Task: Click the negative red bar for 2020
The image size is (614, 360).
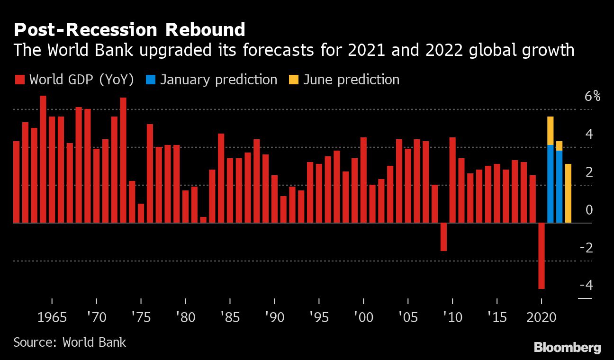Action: (x=541, y=256)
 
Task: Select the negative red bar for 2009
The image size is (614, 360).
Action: (x=443, y=237)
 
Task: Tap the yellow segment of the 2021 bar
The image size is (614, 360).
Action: (x=550, y=131)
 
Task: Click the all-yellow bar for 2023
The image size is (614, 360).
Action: (x=568, y=193)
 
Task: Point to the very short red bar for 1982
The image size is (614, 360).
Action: (x=203, y=220)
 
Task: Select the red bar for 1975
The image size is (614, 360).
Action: (x=141, y=213)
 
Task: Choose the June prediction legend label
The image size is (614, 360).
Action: (x=351, y=80)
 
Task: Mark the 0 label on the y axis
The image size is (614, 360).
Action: (x=589, y=210)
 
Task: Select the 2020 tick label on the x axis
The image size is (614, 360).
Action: (x=541, y=317)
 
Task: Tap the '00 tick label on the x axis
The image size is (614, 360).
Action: (x=363, y=317)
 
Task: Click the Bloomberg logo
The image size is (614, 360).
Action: (x=567, y=347)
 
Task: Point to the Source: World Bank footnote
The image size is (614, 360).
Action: (x=70, y=342)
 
